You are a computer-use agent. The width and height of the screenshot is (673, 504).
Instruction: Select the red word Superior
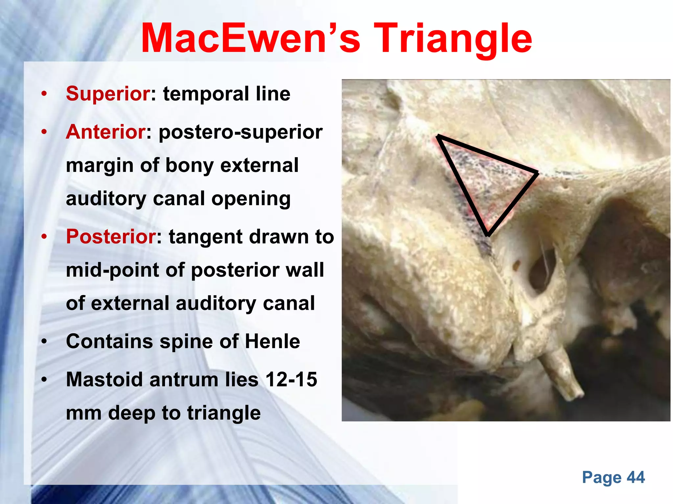point(108,94)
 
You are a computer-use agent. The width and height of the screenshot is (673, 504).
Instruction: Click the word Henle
point(272,341)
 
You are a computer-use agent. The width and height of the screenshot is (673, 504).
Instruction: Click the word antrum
point(184,380)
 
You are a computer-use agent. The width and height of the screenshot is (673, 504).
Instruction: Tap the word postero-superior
point(241,133)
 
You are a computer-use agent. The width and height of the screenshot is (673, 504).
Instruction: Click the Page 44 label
point(613,477)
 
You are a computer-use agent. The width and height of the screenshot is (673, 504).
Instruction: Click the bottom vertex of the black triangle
point(488,234)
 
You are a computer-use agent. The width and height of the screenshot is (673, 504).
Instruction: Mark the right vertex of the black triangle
point(537,173)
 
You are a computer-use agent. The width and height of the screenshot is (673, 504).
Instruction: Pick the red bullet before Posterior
point(44,237)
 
